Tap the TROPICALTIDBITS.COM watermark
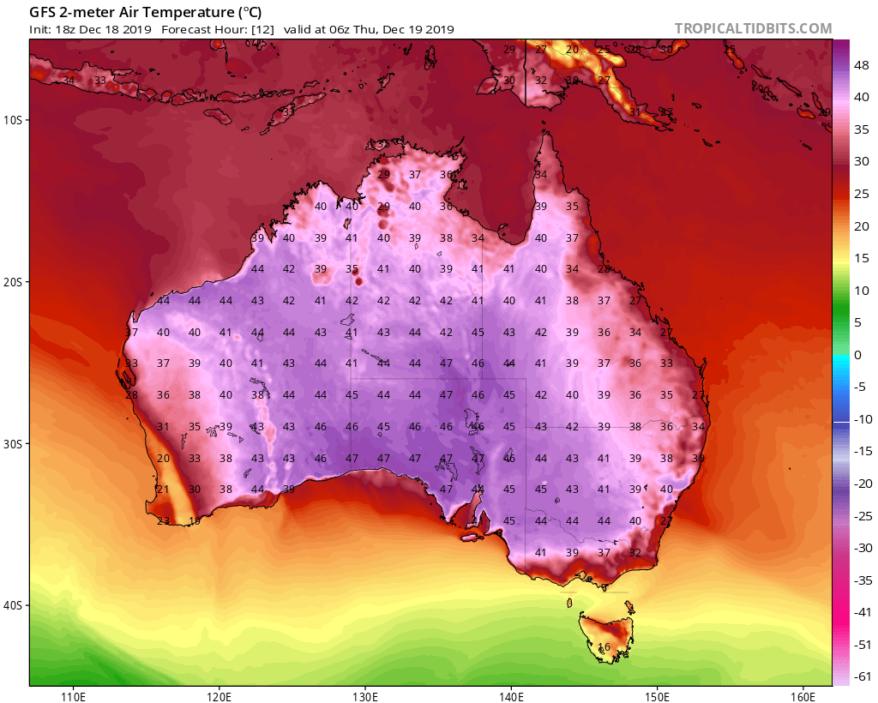click(x=753, y=28)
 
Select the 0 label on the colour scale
click(x=858, y=355)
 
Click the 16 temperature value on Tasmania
click(x=604, y=647)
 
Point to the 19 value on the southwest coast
click(x=195, y=520)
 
